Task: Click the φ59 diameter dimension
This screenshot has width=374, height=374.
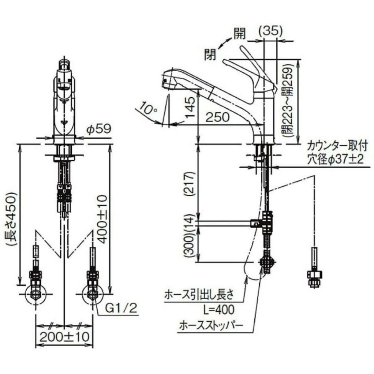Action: click(x=99, y=129)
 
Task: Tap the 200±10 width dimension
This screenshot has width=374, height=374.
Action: click(x=64, y=337)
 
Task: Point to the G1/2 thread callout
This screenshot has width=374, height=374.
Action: click(x=122, y=308)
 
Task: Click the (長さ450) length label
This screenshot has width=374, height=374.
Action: click(x=12, y=219)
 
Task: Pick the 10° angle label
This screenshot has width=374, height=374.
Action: click(x=148, y=108)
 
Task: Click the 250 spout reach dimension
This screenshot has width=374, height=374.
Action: click(x=217, y=117)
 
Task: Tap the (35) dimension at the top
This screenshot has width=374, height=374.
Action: click(x=271, y=31)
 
